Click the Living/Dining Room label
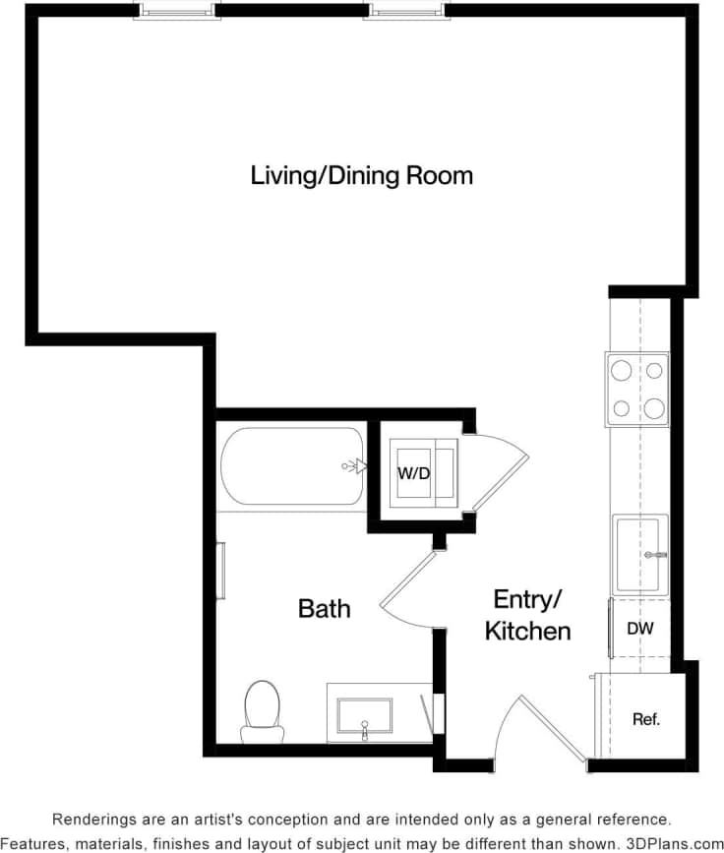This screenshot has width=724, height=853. coord(361,176)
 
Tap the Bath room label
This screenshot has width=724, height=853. coord(324,609)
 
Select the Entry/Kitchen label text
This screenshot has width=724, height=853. coord(527,615)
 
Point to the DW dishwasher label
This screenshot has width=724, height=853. coord(640,628)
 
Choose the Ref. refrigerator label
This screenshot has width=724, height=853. coord(645,719)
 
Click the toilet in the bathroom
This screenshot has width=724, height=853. coord(263,708)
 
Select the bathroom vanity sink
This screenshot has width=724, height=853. coord(364,716)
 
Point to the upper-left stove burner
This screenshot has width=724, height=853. coord(622,370)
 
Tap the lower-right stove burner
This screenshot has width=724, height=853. coord(655,408)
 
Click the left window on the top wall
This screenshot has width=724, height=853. coord(177,11)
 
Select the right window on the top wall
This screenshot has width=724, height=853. coord(408,11)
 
